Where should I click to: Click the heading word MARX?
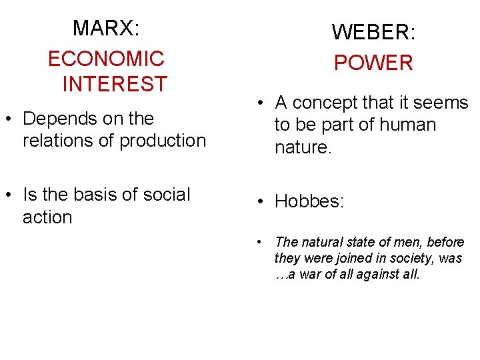pyautogui.click(x=106, y=28)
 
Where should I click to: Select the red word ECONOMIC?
pyautogui.click(x=106, y=59)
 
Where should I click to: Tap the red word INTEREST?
pyautogui.click(x=114, y=85)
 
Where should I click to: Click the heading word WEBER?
pyautogui.click(x=373, y=32)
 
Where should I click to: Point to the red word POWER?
pyautogui.click(x=373, y=63)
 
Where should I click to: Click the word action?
pyautogui.click(x=47, y=217)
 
